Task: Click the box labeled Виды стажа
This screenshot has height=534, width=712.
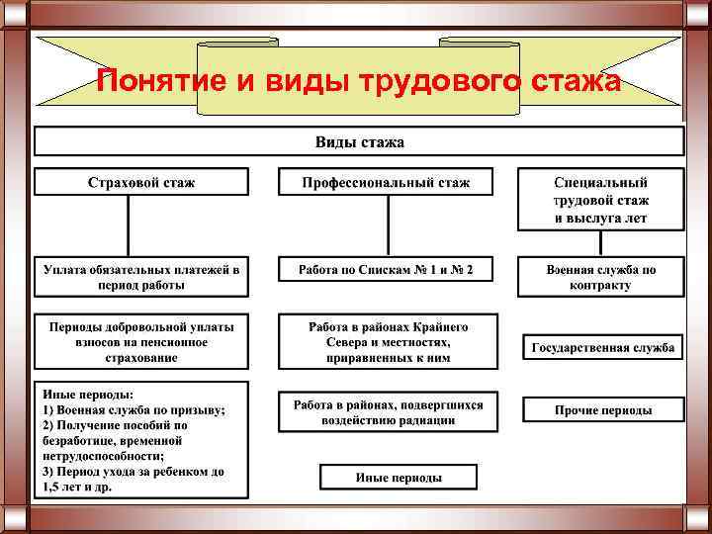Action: point(359,141)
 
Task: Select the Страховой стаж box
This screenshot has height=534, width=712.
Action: point(141,182)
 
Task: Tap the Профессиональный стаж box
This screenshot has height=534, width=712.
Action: point(386,182)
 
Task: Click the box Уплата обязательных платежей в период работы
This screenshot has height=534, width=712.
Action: point(141,277)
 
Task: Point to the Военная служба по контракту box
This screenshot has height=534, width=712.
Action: point(600,277)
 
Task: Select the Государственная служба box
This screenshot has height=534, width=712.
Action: point(602,347)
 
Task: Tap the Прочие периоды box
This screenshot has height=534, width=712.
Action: point(602,409)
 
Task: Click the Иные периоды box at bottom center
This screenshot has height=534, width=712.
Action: point(399,478)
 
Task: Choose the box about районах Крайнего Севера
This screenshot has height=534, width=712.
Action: point(388,341)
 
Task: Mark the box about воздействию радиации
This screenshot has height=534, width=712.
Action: point(388,411)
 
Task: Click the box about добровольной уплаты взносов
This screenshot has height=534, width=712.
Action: point(141,341)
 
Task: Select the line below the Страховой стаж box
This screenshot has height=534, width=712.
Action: point(129,226)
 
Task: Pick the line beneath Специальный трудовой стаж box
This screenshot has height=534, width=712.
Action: point(600,244)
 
